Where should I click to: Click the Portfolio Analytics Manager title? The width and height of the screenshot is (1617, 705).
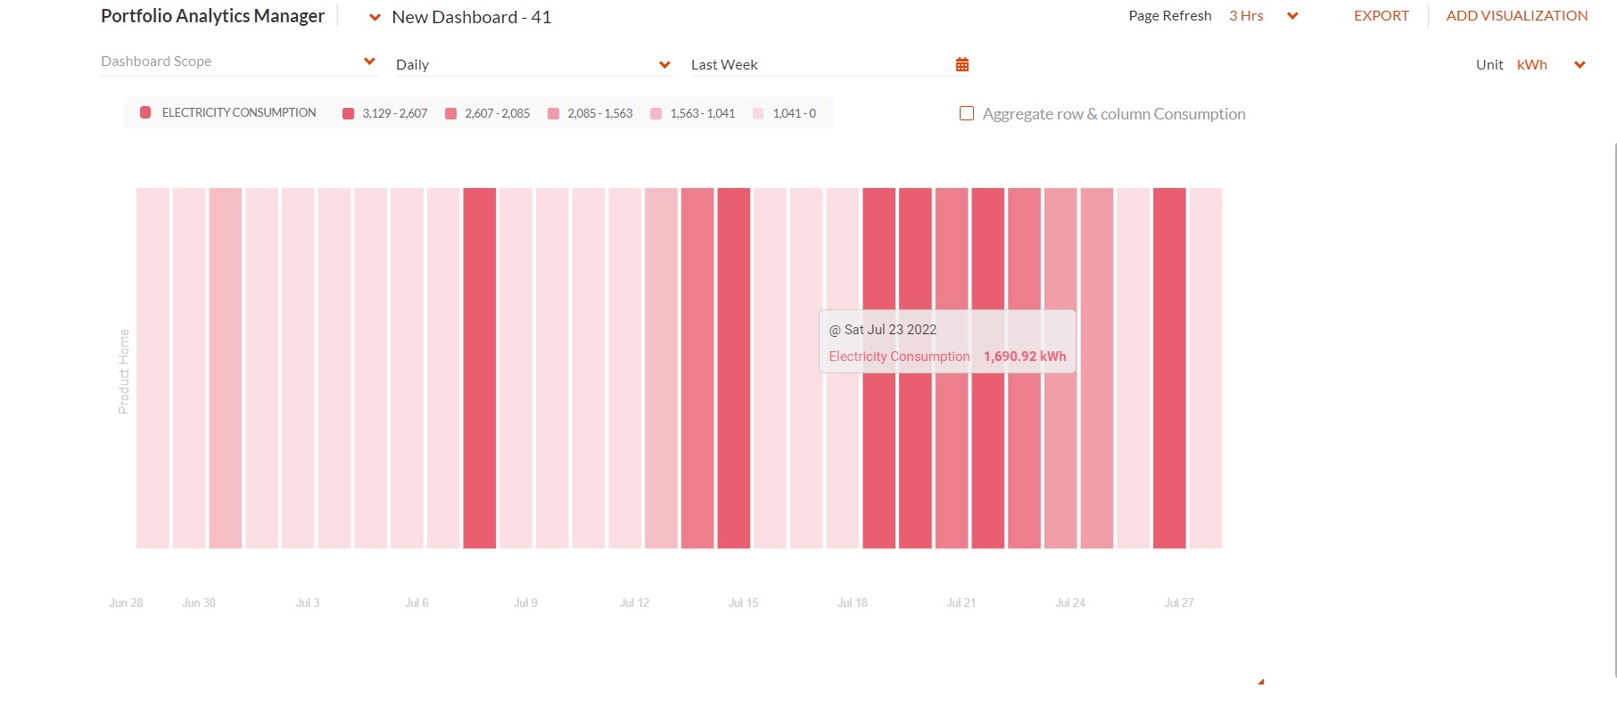pos(212,16)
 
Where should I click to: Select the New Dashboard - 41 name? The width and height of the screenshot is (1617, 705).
pos(471,17)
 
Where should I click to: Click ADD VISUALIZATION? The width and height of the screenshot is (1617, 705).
pos(1516,16)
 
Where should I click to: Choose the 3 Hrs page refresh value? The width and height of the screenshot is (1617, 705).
pos(1246,16)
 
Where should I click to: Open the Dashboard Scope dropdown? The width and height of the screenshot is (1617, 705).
pos(239,61)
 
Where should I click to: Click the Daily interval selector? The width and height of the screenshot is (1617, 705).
pos(533,64)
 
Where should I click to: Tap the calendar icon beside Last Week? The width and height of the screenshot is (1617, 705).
pos(961,64)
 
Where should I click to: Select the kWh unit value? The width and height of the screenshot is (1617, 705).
pos(1531,64)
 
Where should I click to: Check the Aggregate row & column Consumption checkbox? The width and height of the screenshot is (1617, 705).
pos(966,113)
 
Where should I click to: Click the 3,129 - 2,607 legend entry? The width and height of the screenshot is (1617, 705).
pos(385,113)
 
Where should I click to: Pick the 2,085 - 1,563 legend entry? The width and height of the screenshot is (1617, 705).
pos(590,113)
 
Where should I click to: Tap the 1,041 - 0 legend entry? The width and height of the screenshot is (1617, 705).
pos(785,113)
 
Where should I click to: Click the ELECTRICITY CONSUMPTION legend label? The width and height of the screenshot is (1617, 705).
pos(239,112)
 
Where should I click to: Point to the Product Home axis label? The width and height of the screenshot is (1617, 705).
pos(124,372)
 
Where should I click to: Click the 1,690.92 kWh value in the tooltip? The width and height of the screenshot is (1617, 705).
pos(1025,357)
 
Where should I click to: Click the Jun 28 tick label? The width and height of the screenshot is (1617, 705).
pos(126,603)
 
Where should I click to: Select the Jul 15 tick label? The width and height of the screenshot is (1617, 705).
pos(743,603)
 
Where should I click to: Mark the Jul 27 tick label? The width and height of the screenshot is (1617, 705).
pos(1178,603)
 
